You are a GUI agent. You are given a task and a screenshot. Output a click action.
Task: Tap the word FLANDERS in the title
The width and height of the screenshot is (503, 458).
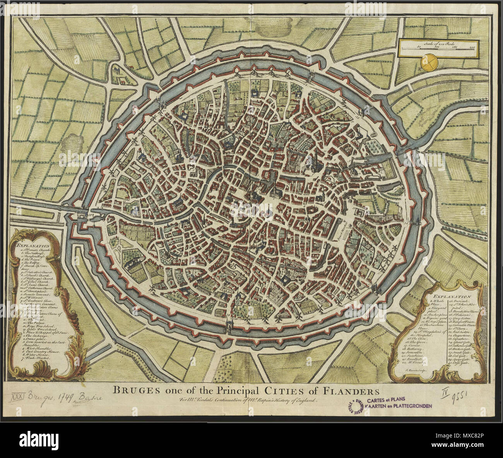[x=350, y=390]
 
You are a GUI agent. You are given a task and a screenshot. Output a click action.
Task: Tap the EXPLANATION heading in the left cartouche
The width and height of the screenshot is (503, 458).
[x=33, y=245]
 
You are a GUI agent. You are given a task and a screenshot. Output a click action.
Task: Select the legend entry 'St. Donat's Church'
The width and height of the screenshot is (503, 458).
[x=36, y=250]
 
